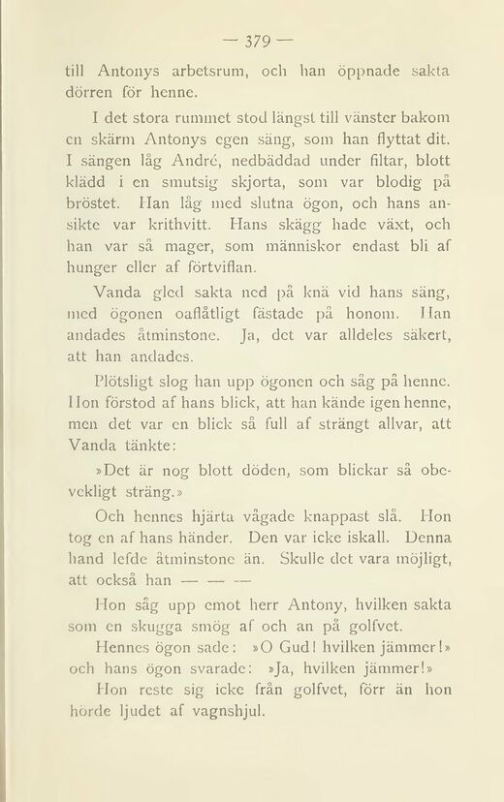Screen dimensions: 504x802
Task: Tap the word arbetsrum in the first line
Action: (x=196, y=73)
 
